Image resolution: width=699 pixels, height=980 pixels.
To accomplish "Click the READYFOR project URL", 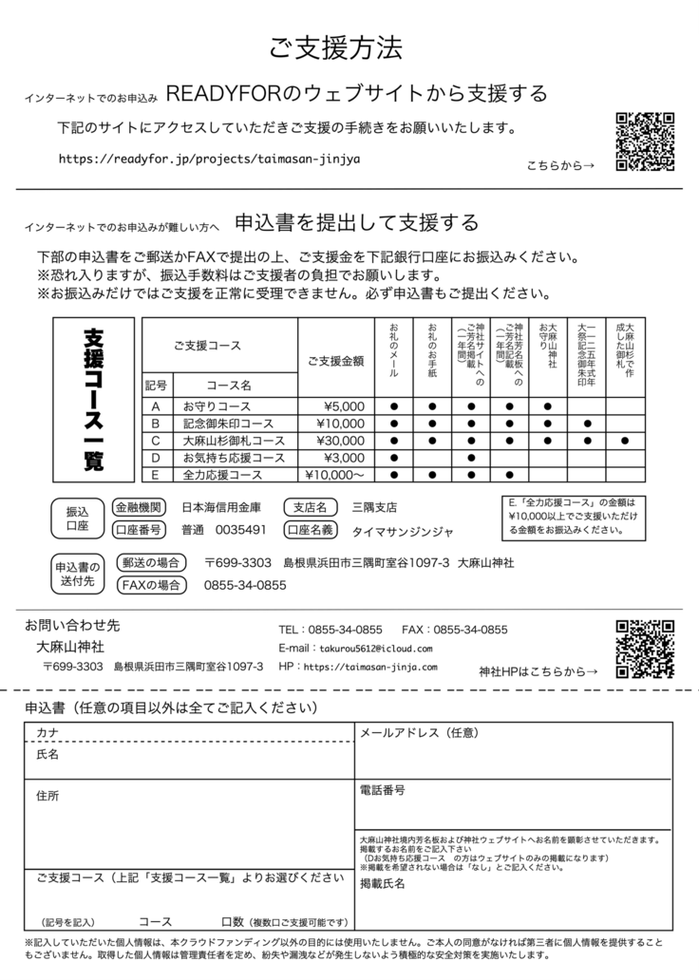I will (x=209, y=159).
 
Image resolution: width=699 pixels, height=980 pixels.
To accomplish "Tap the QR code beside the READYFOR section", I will (x=646, y=141).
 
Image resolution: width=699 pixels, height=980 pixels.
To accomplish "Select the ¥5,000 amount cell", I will (x=343, y=406).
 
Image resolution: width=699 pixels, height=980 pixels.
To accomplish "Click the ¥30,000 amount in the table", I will (x=338, y=441).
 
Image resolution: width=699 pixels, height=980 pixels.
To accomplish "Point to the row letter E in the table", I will (x=155, y=474).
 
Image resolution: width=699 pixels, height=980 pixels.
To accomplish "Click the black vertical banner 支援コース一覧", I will (x=94, y=400).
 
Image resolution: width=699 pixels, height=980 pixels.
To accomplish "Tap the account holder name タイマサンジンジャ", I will (x=403, y=530).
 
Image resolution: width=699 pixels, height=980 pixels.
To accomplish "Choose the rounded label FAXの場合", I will (x=150, y=585).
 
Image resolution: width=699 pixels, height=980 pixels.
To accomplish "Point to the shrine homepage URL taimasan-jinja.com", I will (x=372, y=667).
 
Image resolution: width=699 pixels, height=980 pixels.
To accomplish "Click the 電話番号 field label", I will (x=383, y=790).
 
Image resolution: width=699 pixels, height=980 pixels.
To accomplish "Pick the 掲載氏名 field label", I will (x=383, y=883).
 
